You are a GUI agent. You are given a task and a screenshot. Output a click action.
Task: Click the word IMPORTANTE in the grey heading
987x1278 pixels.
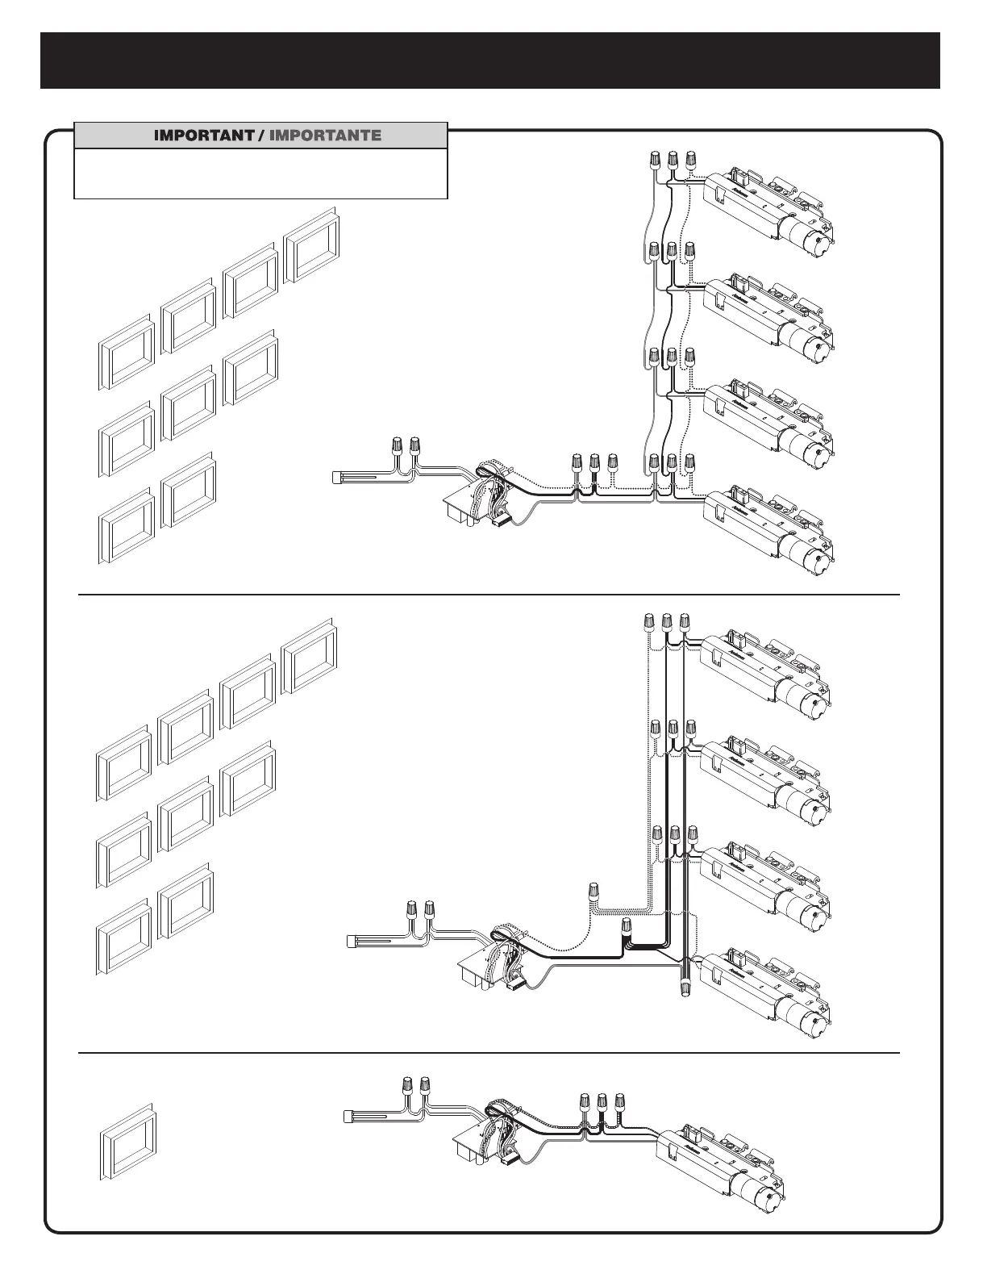(x=325, y=136)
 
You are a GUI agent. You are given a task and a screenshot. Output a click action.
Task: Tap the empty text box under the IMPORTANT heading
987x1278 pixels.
(x=260, y=173)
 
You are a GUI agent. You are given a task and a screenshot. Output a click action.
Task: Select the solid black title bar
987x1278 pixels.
(x=490, y=61)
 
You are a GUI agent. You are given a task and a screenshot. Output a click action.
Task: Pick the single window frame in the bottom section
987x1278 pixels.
(x=127, y=1144)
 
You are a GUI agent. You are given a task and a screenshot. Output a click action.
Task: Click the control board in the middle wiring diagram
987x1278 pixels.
(x=488, y=962)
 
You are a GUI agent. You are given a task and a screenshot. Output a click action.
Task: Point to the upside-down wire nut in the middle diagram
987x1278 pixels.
(x=686, y=986)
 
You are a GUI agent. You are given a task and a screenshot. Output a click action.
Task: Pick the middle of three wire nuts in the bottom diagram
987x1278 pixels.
(x=602, y=1101)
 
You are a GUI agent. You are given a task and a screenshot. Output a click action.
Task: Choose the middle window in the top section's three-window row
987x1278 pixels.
(x=189, y=404)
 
